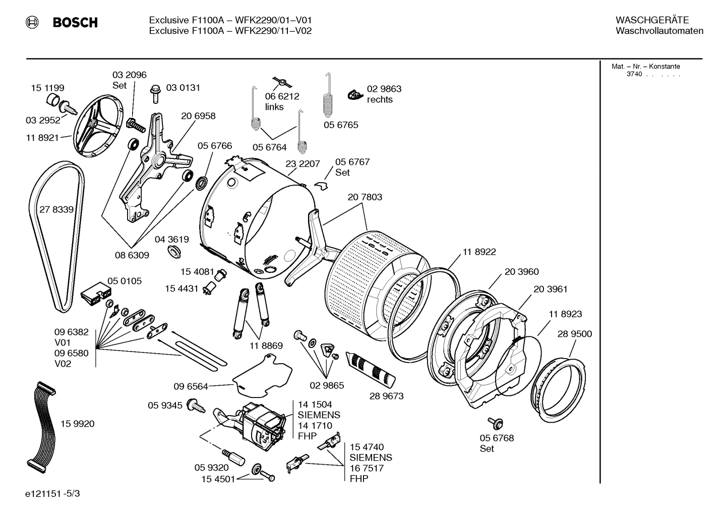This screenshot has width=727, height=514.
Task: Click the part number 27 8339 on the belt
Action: [x=56, y=209]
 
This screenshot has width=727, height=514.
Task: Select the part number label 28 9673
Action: [x=386, y=396]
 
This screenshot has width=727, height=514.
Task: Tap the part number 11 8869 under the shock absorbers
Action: [x=266, y=346]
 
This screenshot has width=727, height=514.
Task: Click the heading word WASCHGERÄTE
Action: [x=651, y=20]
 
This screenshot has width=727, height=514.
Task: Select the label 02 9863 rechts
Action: [x=384, y=94]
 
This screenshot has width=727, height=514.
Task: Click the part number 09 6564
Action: [x=191, y=386]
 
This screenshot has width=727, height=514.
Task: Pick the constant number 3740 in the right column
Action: [x=634, y=74]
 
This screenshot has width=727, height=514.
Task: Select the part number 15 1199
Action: [x=47, y=88]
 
